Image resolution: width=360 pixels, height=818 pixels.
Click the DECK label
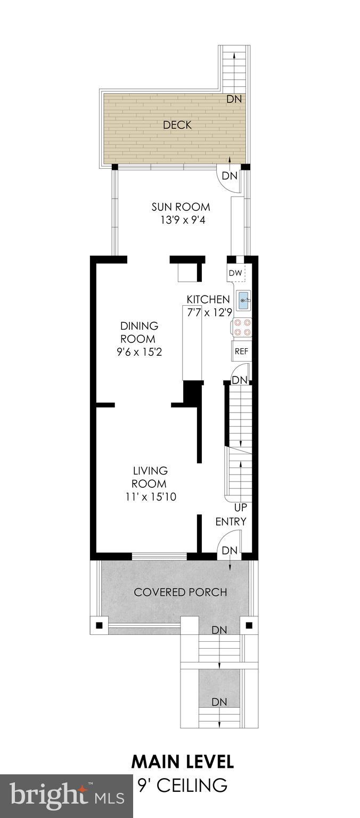177,125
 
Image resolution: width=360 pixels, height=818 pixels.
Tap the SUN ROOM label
181,207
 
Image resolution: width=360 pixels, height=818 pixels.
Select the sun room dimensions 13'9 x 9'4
181,220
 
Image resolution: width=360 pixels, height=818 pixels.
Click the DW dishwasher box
235,273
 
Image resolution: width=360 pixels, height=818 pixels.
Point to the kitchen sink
244,301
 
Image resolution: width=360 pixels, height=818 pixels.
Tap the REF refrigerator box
241,351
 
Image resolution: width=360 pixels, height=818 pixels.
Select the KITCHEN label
208,299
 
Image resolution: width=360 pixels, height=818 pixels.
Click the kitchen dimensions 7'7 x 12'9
208,313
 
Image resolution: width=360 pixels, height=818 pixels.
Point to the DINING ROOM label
138,332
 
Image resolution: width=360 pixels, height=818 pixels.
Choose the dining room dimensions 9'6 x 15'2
138,352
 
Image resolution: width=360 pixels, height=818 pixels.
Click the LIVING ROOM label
150,477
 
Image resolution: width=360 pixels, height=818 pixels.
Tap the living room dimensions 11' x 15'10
150,497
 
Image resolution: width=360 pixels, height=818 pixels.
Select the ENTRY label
231,521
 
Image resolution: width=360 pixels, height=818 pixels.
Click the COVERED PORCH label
181,592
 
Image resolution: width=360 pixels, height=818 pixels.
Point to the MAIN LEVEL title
182,762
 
